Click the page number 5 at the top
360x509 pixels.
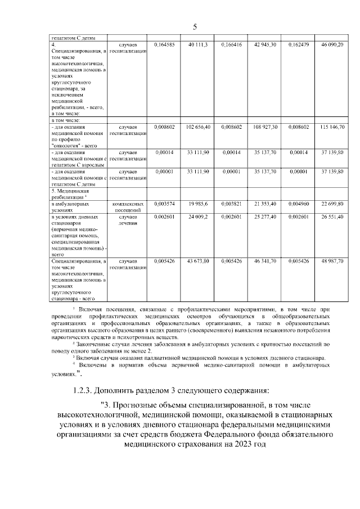[x=194, y=27]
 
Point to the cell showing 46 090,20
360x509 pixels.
[x=332, y=44]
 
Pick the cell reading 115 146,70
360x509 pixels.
[x=332, y=127]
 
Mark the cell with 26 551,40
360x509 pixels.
[x=332, y=216]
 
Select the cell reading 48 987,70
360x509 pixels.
[x=332, y=262]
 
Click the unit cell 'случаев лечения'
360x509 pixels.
[x=128, y=219]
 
